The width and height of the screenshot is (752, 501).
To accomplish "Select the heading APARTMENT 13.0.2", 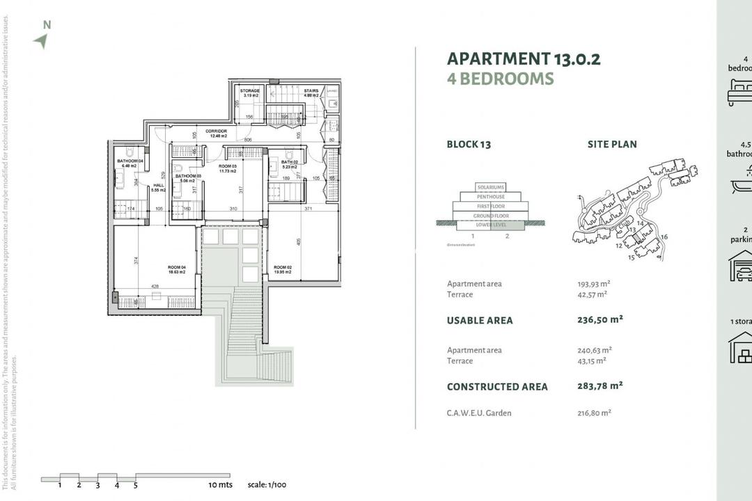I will point(523,58).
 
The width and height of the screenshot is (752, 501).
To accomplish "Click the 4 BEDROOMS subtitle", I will point(500,79).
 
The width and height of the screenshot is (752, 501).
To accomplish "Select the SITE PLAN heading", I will point(612,145).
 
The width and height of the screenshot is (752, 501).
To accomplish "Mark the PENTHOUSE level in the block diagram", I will point(491,197).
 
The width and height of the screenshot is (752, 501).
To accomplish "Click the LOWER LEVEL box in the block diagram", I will point(491,225).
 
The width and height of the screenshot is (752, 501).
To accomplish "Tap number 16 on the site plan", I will point(664,237).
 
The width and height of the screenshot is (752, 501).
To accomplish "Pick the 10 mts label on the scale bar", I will point(220,484).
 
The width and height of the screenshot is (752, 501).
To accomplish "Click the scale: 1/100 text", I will point(268,484).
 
